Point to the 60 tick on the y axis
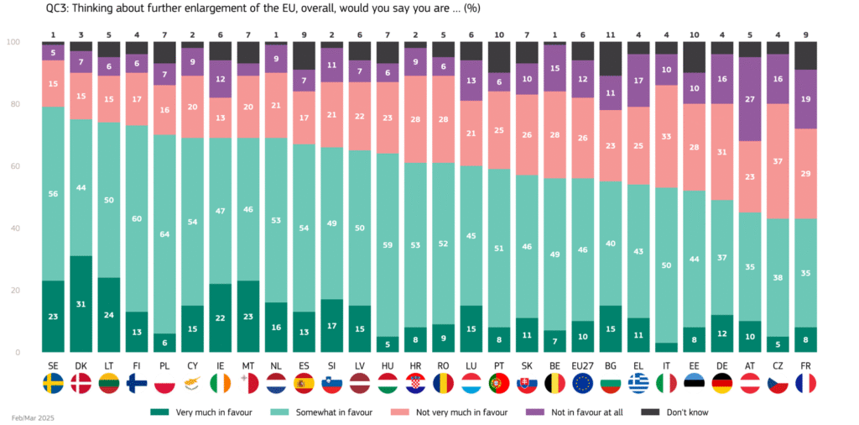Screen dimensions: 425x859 click(13, 166)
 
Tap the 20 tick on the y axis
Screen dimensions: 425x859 click(13, 290)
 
